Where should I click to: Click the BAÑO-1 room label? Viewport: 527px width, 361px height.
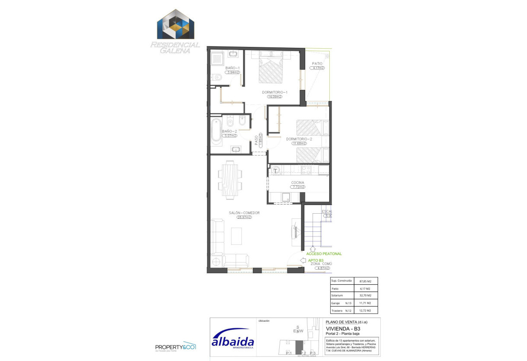tap(232, 68)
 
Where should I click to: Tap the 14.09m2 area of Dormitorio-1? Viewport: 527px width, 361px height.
tap(274, 97)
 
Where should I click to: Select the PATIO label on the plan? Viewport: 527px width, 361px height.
tap(317, 63)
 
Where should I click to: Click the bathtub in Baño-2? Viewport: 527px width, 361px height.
tap(216, 131)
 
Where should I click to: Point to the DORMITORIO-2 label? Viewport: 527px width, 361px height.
tap(299, 139)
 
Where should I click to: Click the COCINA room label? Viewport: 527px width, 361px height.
tap(297, 183)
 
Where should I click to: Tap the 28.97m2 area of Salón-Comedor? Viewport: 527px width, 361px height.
tap(244, 217)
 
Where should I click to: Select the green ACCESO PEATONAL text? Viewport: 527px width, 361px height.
tap(324, 254)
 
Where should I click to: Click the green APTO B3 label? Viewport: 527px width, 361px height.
tap(316, 260)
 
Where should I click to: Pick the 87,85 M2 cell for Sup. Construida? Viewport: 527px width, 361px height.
tap(366, 281)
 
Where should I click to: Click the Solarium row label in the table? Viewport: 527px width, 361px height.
tap(337, 296)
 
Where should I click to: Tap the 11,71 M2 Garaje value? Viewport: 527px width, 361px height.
tap(366, 303)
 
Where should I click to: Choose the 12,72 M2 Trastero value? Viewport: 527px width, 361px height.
tap(366, 310)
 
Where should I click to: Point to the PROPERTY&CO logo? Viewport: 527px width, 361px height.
tap(176, 347)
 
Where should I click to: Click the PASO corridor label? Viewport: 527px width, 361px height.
tap(256, 141)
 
